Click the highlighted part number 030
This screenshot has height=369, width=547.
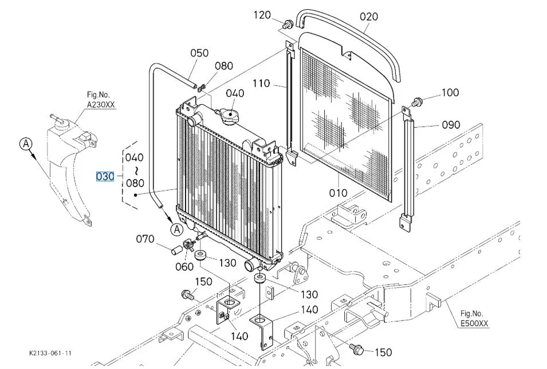coord(105,176)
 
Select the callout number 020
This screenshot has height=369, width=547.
coord(369,17)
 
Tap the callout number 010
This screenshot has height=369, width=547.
coord(338,193)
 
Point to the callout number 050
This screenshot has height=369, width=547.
coord(199,53)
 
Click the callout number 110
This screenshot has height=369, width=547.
coord(261,84)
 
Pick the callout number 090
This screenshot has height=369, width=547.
coord(451,124)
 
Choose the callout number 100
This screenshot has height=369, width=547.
coord(450,92)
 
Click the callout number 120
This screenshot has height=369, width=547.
coord(262,15)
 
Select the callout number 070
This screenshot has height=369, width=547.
coord(145,239)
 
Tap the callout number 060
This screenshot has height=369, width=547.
coord(184,267)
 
